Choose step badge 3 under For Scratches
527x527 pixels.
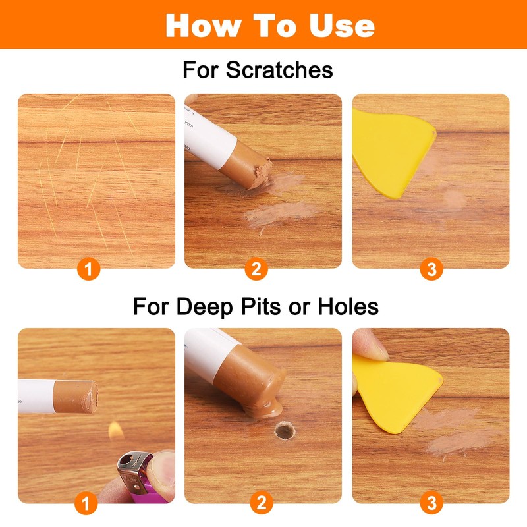[431, 269]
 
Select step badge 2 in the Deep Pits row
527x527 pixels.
[261, 504]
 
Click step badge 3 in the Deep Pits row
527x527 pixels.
[431, 504]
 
